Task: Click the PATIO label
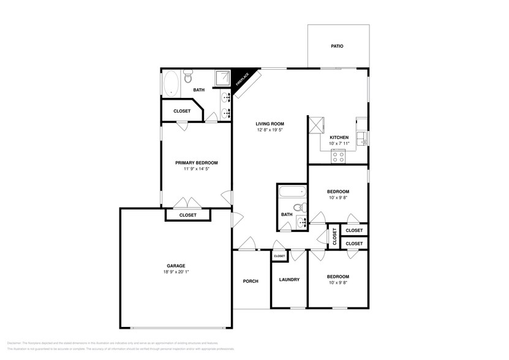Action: pyautogui.click(x=337, y=46)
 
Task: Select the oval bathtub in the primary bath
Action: pyautogui.click(x=172, y=83)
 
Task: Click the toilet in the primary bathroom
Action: pyautogui.click(x=188, y=78)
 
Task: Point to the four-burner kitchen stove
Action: pyautogui.click(x=339, y=156)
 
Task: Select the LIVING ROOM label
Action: pyautogui.click(x=270, y=124)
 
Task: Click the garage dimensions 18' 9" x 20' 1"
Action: pyautogui.click(x=175, y=272)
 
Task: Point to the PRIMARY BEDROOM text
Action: pyautogui.click(x=196, y=163)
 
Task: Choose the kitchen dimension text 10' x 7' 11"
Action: pyautogui.click(x=339, y=143)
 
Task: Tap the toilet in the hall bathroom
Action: pyautogui.click(x=299, y=208)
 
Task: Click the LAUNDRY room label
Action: pyautogui.click(x=289, y=280)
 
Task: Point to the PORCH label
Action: pyautogui.click(x=251, y=281)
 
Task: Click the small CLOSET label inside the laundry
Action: pyautogui.click(x=279, y=256)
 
